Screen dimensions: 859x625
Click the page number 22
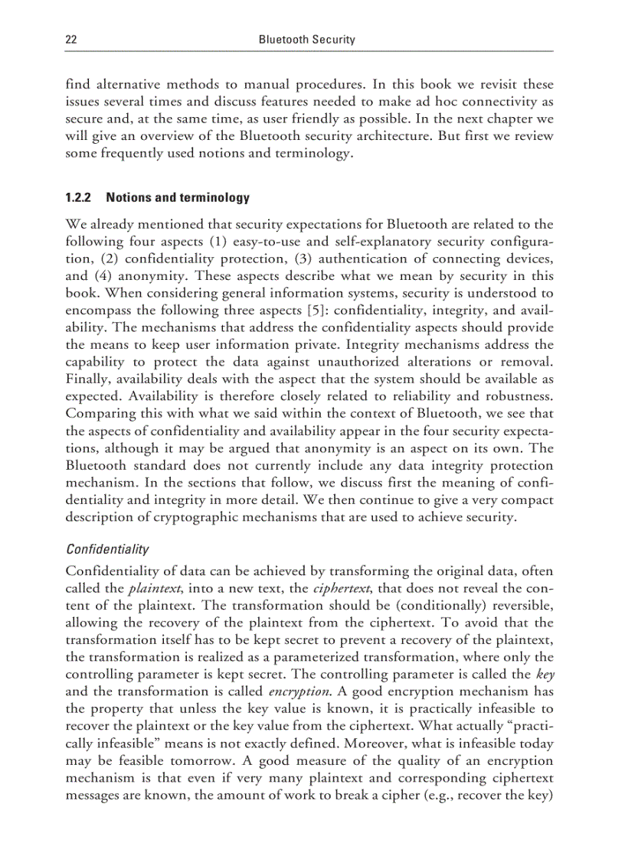coord(71,39)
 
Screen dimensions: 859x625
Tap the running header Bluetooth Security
coord(306,39)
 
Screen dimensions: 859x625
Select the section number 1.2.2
coord(79,198)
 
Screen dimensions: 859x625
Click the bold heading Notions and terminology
coord(178,198)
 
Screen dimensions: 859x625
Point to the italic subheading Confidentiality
coord(107,549)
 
